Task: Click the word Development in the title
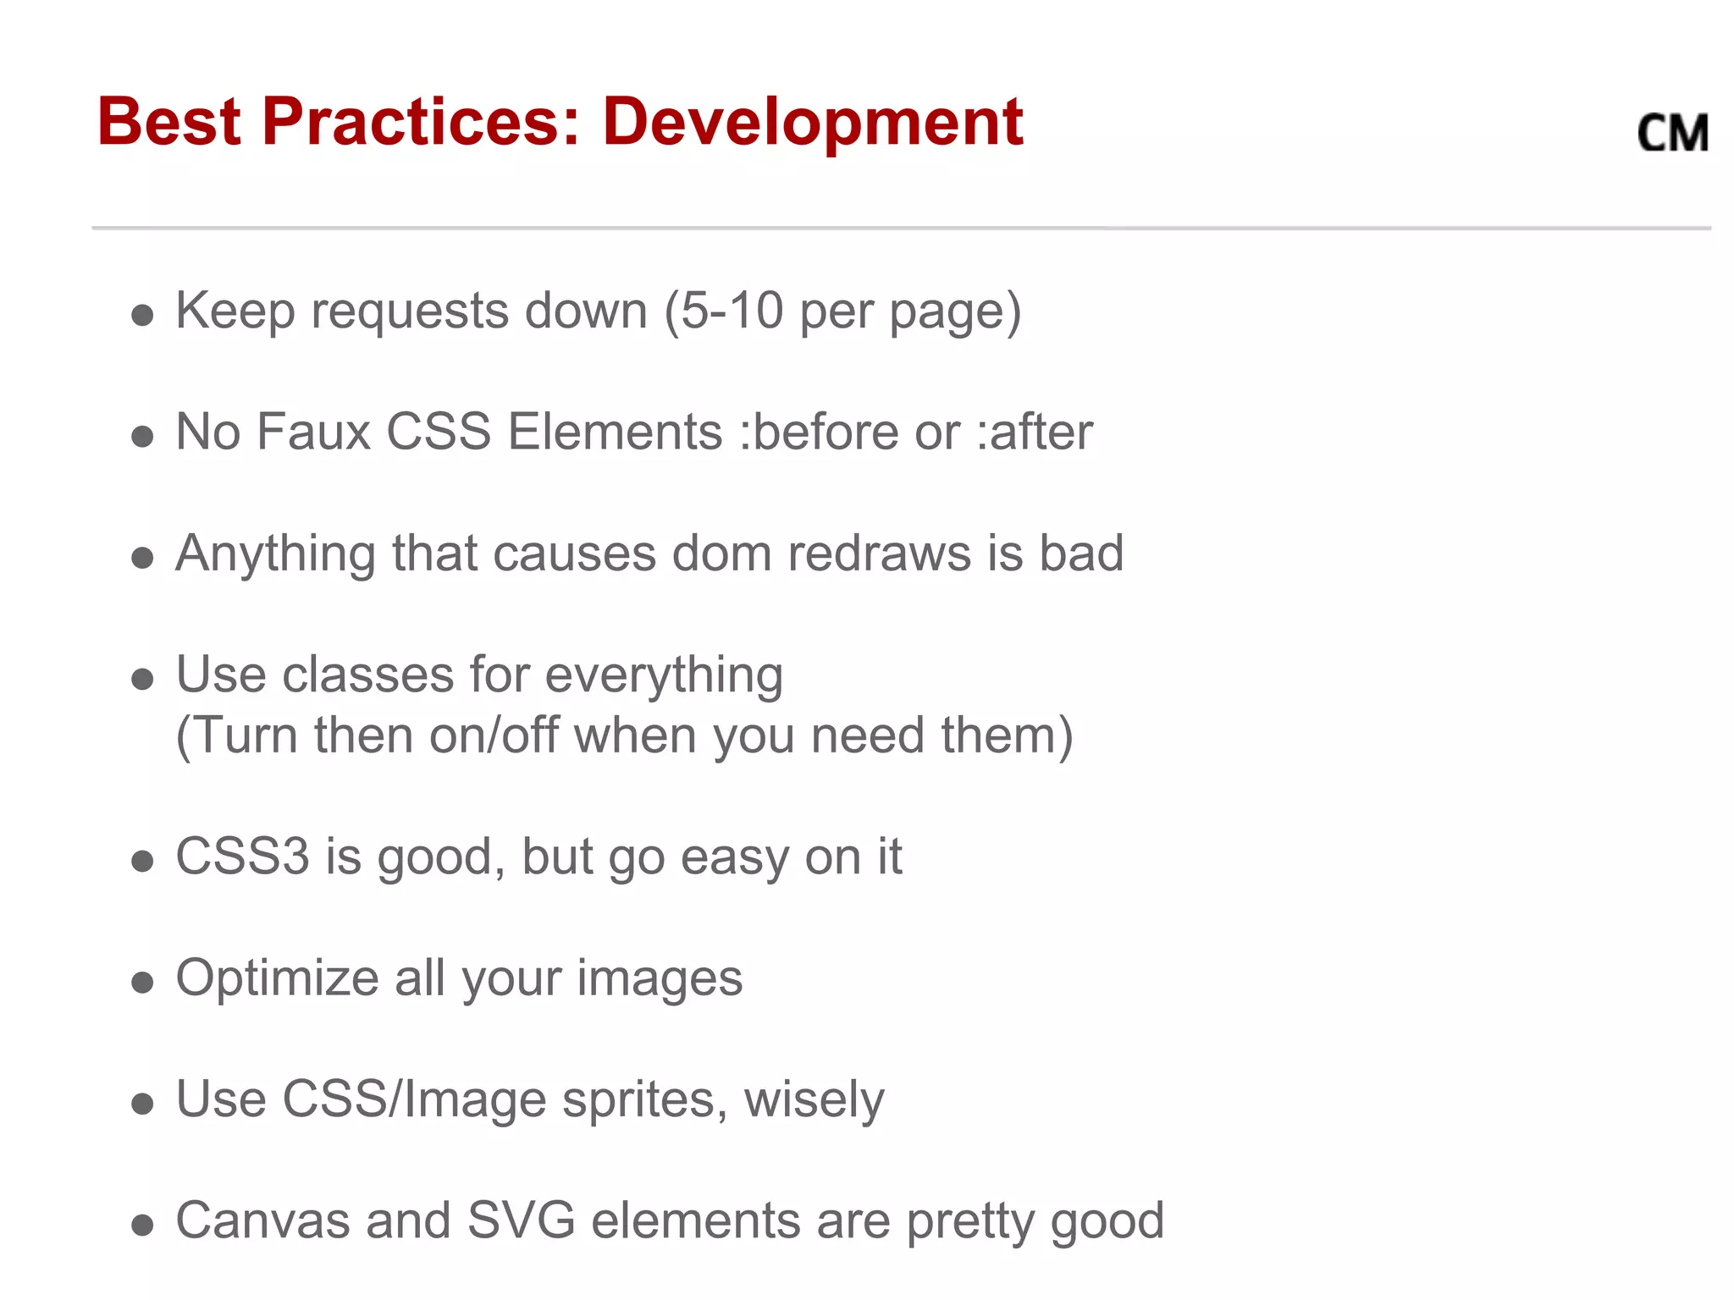813,123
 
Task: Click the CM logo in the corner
1673,134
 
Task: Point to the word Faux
314,432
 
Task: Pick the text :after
1035,432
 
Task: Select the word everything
664,675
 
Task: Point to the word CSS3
242,857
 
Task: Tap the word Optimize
277,978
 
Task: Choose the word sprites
644,1100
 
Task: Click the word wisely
814,1100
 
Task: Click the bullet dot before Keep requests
142,316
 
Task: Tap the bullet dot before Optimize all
142,983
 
